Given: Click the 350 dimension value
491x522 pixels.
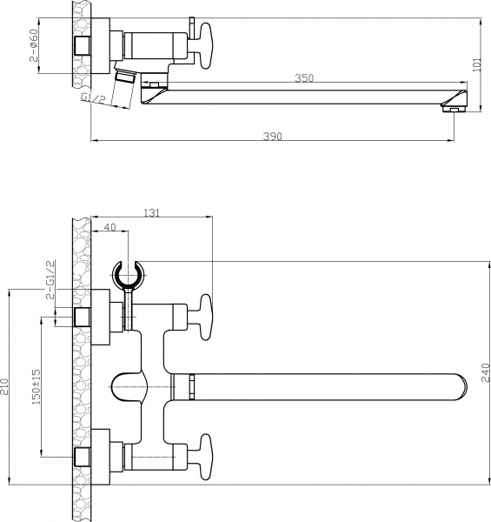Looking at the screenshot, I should pos(303,78).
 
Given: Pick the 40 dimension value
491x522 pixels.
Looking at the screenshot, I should pos(109,228).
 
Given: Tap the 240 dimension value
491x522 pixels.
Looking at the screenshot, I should pos(485,372).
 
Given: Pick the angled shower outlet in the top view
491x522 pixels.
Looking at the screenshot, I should pos(127,77).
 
